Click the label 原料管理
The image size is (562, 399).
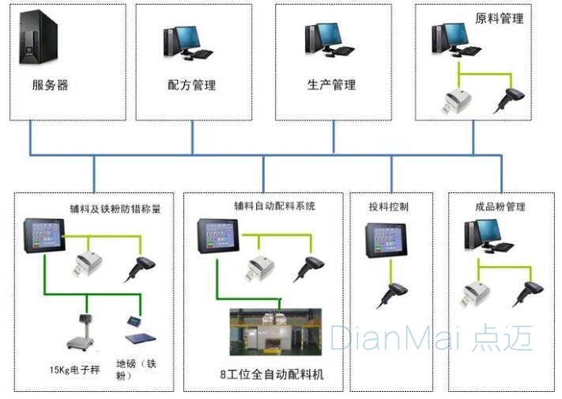click(x=500, y=18)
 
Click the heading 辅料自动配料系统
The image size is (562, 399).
click(x=274, y=206)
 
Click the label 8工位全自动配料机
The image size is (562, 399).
click(x=271, y=373)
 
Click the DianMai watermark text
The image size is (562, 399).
click(x=432, y=338)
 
